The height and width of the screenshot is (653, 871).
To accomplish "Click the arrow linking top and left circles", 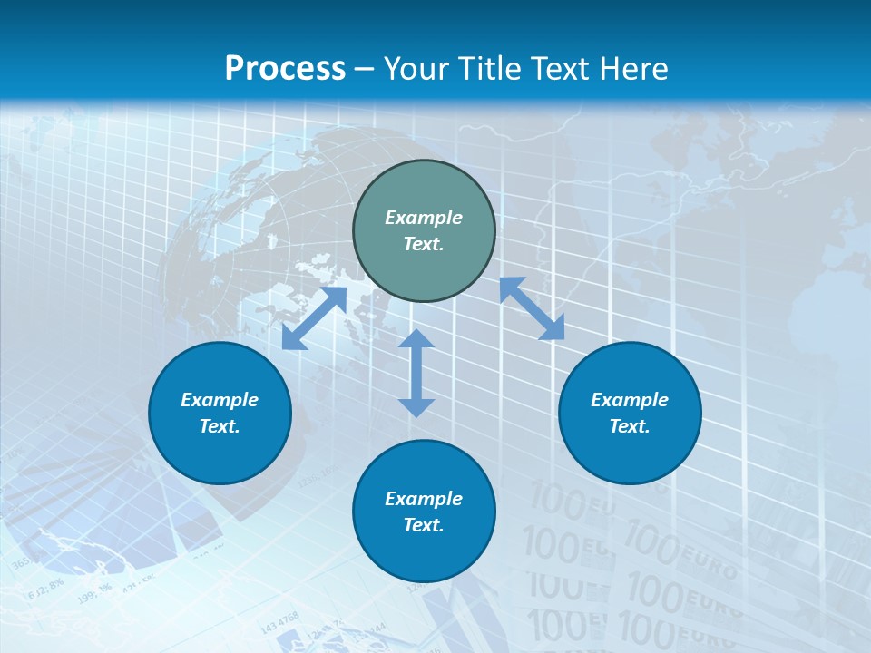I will pyautogui.click(x=315, y=317).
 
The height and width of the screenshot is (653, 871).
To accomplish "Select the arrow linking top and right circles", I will pyautogui.click(x=532, y=308).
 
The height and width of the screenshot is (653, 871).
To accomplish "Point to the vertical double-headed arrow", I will pyautogui.click(x=416, y=373).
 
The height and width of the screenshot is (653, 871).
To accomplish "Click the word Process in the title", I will pyautogui.click(x=285, y=68).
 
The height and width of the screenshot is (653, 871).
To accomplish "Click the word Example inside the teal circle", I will pyautogui.click(x=424, y=218).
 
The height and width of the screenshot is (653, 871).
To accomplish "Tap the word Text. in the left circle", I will pyautogui.click(x=220, y=426).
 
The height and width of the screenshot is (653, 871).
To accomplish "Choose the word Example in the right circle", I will pyautogui.click(x=630, y=400).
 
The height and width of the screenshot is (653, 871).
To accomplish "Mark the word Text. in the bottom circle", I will pyautogui.click(x=424, y=525).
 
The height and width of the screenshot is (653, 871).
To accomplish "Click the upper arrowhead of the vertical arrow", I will pyautogui.click(x=416, y=340).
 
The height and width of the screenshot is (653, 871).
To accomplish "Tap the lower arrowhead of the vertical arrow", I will pyautogui.click(x=416, y=406).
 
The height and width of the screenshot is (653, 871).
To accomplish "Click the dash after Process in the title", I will pyautogui.click(x=365, y=68).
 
